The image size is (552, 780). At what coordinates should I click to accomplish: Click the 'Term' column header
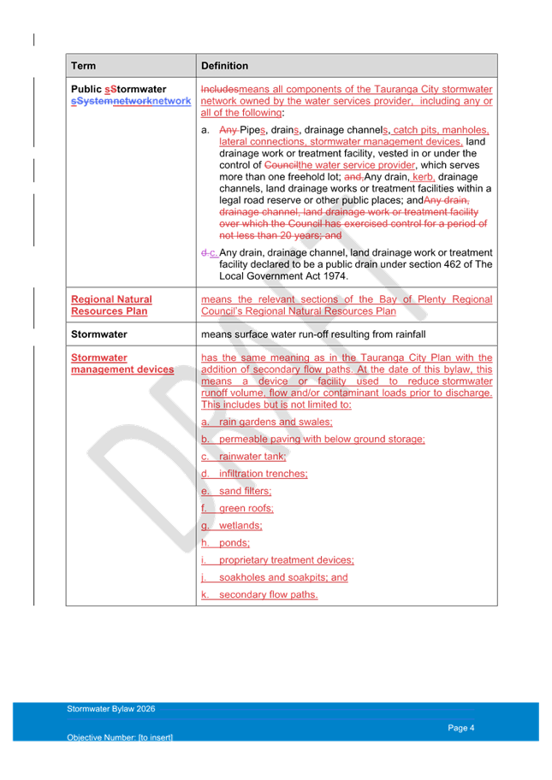[84, 66]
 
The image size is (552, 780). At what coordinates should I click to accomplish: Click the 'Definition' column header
[224, 66]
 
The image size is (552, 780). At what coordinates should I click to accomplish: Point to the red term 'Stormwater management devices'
[122, 363]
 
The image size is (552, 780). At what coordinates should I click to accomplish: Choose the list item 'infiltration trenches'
[264, 474]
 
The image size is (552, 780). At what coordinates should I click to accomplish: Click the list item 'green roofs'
[246, 508]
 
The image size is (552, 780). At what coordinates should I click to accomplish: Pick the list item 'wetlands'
[241, 526]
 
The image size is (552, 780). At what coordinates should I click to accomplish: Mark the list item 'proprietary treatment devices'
[287, 560]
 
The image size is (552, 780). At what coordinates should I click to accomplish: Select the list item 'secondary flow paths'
[268, 594]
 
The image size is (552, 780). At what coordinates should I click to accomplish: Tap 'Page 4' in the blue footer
[461, 728]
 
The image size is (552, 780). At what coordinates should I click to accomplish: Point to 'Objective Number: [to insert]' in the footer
[120, 737]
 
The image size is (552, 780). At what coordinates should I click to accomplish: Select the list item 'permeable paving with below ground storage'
[322, 439]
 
